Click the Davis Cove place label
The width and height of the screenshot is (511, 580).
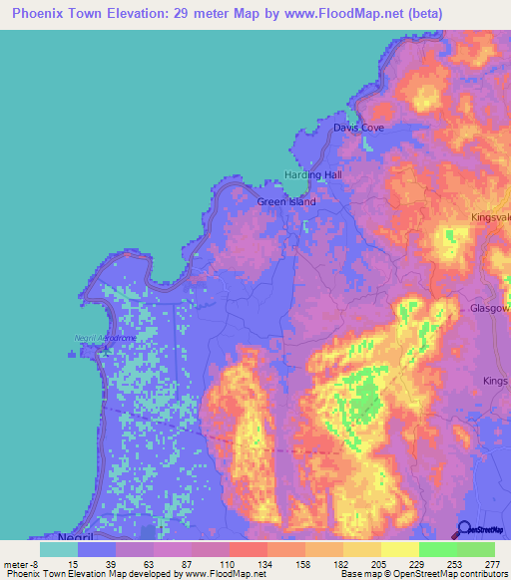pos(358,129)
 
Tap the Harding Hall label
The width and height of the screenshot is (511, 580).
pos(313,174)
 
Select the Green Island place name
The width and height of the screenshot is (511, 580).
pos(286,201)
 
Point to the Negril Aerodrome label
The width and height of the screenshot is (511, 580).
pos(105,338)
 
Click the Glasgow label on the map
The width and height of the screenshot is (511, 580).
pos(490,309)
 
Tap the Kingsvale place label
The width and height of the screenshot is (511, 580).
pos(490,216)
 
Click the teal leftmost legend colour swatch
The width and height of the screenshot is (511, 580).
pos(59,549)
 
